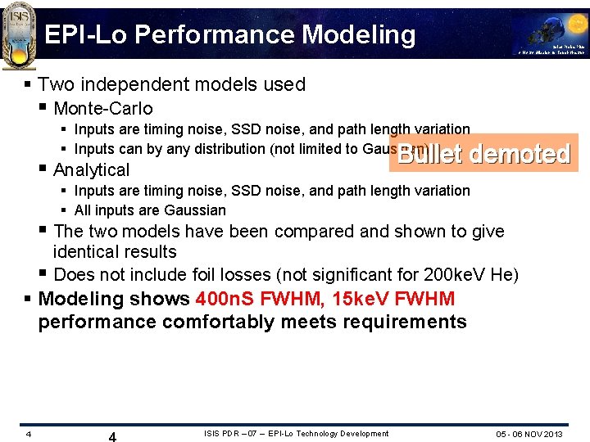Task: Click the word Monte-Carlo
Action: point(103,108)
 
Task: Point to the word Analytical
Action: point(91,169)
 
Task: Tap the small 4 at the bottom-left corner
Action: point(28,434)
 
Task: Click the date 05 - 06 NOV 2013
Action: point(529,434)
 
